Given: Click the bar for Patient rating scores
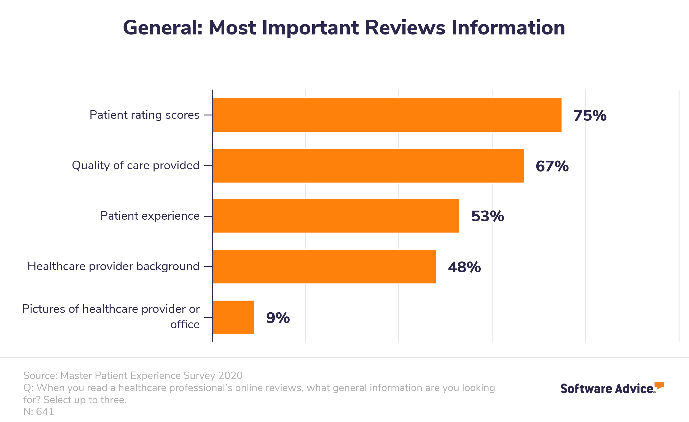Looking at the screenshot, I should [x=387, y=115].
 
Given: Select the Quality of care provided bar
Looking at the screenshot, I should [x=368, y=166].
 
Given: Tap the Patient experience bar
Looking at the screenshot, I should [x=336, y=216].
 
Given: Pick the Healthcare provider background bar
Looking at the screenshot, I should [x=324, y=267].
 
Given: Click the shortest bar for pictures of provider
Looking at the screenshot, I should [x=233, y=318].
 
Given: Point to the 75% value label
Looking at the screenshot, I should [x=590, y=115].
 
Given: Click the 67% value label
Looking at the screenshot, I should [x=552, y=166].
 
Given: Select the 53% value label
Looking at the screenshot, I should [x=488, y=216].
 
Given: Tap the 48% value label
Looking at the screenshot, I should [x=464, y=267].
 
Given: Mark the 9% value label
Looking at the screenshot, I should [x=278, y=318].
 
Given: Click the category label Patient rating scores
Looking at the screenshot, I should [x=144, y=115].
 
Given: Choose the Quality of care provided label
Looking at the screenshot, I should [x=136, y=166].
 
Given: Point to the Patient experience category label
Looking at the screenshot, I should [x=150, y=216].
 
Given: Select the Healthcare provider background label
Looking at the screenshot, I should [x=113, y=266].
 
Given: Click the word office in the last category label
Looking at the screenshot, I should [x=185, y=324].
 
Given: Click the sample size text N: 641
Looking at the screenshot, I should [x=39, y=412].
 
